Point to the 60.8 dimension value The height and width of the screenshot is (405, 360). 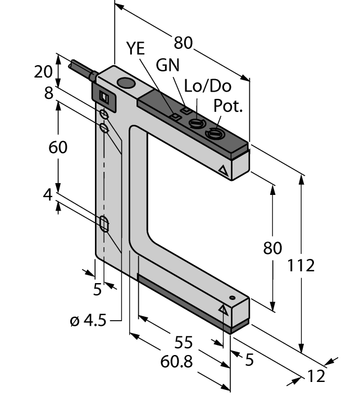click(176, 361)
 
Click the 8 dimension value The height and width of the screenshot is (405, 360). click(49, 93)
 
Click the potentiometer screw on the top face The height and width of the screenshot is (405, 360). click(214, 133)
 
